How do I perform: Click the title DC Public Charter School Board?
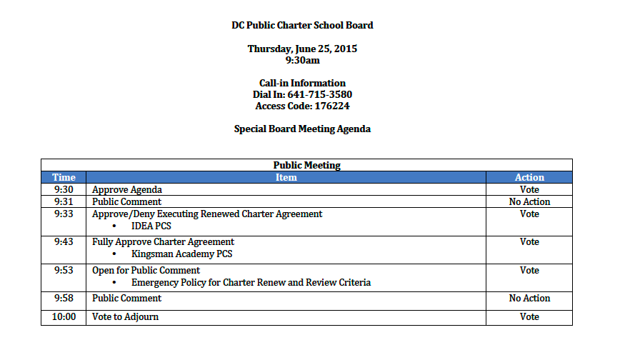click(x=302, y=25)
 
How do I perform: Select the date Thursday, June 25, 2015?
click(x=302, y=49)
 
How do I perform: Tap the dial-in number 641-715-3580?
click(x=320, y=94)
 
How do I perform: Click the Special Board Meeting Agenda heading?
click(x=302, y=129)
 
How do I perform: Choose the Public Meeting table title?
click(x=306, y=165)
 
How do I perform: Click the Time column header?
click(x=64, y=177)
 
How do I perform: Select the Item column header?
click(x=286, y=177)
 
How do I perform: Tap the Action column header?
click(x=529, y=177)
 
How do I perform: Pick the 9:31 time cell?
click(x=64, y=201)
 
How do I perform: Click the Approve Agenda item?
click(x=127, y=190)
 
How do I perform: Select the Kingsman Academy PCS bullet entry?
click(x=182, y=254)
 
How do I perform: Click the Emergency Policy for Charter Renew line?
click(x=251, y=282)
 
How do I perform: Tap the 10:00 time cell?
click(x=64, y=316)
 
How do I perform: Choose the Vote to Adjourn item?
click(x=126, y=316)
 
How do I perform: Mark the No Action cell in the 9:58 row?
click(x=529, y=298)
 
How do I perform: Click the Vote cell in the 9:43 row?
click(x=529, y=242)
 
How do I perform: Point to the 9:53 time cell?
click(x=64, y=271)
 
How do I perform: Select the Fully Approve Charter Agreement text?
click(x=164, y=242)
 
